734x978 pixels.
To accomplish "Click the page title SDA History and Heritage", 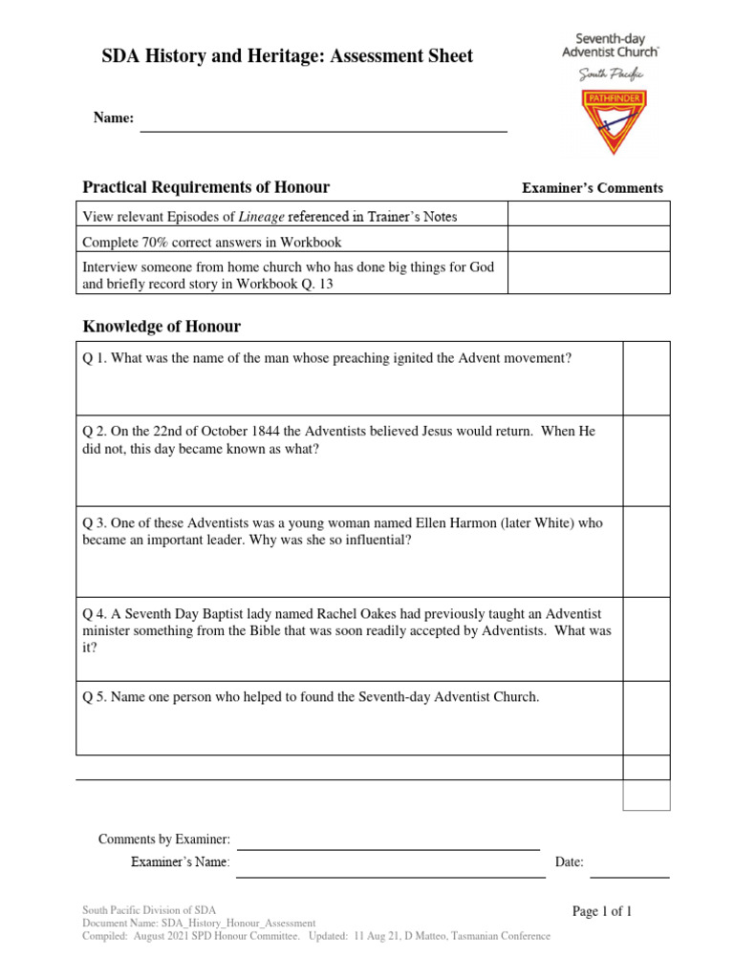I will tap(287, 57).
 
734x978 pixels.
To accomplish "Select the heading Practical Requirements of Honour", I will tap(206, 187).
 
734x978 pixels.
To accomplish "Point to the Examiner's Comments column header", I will tap(592, 188).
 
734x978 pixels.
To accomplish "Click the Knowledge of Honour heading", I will tap(162, 327).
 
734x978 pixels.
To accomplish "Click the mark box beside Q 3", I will tap(646, 551).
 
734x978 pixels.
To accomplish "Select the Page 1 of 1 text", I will tap(602, 911).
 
